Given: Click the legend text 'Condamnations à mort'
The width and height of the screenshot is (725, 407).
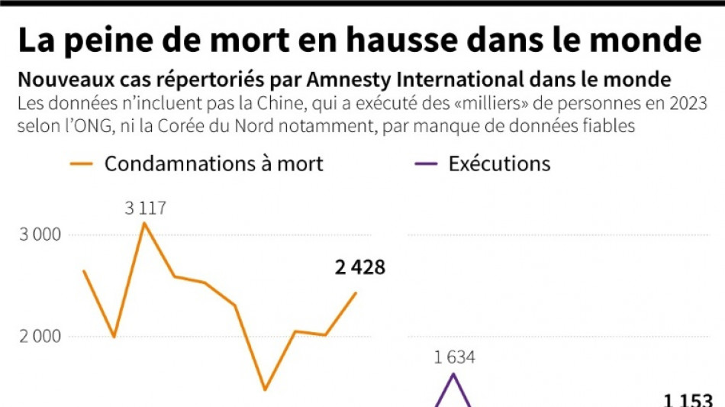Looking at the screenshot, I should click(214, 163).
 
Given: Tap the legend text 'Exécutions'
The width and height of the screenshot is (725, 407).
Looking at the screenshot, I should click(499, 163).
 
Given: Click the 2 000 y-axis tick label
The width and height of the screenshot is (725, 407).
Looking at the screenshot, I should click(40, 336).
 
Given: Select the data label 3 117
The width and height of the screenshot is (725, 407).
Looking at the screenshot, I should click(146, 208).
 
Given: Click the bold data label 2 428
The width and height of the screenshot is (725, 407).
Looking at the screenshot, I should click(360, 267).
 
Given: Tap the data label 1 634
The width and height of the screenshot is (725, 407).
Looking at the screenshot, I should click(456, 357).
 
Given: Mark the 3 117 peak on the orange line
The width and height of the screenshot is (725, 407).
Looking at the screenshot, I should click(144, 222).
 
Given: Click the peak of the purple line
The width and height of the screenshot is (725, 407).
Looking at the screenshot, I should click(455, 373).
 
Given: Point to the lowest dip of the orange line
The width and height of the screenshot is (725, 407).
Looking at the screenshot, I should click(265, 389).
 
